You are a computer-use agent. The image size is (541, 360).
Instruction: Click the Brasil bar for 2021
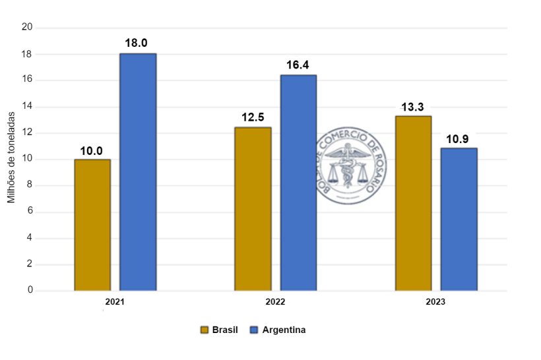click(92, 225)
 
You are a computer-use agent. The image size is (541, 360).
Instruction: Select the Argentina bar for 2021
click(138, 172)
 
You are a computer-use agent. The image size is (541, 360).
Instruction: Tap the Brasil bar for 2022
click(253, 208)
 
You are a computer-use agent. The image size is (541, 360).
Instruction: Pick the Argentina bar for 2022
click(298, 183)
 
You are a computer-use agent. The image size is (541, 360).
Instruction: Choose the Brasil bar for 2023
click(413, 203)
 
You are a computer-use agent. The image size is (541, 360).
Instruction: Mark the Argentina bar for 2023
click(459, 219)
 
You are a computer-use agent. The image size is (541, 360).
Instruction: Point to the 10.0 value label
click(92, 151)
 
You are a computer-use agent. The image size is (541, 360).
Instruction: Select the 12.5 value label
click(253, 118)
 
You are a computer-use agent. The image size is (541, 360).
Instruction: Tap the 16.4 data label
click(298, 65)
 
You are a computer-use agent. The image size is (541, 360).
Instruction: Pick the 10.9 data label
click(459, 139)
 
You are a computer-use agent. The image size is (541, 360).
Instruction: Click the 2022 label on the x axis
click(275, 302)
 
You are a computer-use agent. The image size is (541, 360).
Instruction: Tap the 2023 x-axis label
click(435, 302)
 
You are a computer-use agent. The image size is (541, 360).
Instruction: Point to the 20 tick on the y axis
click(27, 27)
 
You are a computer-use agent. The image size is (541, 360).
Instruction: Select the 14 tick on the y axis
click(27, 106)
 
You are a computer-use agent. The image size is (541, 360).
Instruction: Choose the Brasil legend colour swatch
click(205, 330)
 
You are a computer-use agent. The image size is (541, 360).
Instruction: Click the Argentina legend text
click(284, 330)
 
